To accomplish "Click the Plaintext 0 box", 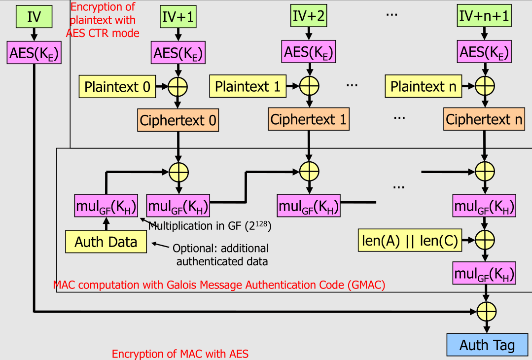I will pos(117,87).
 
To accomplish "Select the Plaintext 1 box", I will pos(248,87).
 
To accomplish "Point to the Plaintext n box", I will pos(424,87).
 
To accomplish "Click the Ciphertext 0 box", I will pos(178,120).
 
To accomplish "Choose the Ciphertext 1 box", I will pos(309,119).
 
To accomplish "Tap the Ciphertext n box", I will pos(484,119).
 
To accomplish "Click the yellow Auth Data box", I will pos(106,242).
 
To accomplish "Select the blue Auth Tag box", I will pos(487,345).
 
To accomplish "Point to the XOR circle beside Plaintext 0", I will pos(178,87).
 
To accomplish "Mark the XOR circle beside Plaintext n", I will pos(485,87).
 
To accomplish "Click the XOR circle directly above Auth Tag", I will pos(487,312).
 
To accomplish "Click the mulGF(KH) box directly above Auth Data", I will pos(106,205).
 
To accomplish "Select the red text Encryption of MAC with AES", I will pos(180,354).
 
